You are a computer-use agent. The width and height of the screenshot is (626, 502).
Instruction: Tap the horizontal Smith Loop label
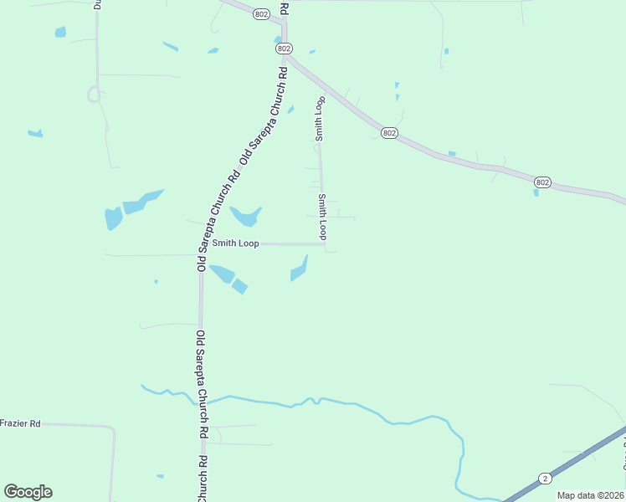point(235,243)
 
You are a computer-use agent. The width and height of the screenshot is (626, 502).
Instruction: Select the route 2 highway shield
point(545,479)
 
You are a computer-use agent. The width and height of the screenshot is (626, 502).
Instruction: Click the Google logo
point(28,492)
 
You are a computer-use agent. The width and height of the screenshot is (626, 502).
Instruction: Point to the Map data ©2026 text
point(590,495)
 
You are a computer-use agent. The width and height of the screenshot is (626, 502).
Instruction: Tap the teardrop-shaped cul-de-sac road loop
point(95,95)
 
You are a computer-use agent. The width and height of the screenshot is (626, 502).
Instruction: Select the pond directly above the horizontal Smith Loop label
point(246,217)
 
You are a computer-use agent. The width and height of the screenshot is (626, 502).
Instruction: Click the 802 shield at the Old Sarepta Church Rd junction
point(284,49)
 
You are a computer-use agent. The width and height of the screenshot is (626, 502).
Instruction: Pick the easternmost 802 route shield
point(542,182)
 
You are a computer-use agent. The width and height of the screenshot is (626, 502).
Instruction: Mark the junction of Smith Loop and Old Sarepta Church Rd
point(201,244)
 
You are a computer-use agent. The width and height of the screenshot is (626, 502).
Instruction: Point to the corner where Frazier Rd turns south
point(111,428)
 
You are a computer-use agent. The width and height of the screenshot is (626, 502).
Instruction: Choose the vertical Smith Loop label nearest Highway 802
point(319,118)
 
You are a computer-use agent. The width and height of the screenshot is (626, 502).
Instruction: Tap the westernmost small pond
point(35,133)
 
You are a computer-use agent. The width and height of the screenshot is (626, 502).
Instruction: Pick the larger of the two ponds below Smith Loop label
point(222,273)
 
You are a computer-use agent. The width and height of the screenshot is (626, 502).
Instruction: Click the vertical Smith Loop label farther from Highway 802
point(322,217)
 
